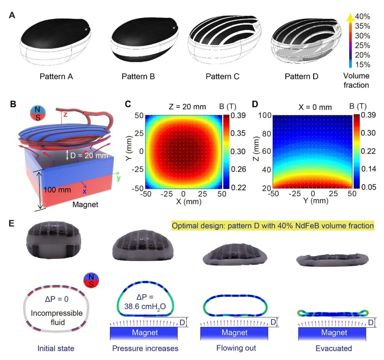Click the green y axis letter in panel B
click(118, 178)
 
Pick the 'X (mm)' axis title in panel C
click(183, 202)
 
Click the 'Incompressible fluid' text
click(57, 318)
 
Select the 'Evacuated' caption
click(334, 348)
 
